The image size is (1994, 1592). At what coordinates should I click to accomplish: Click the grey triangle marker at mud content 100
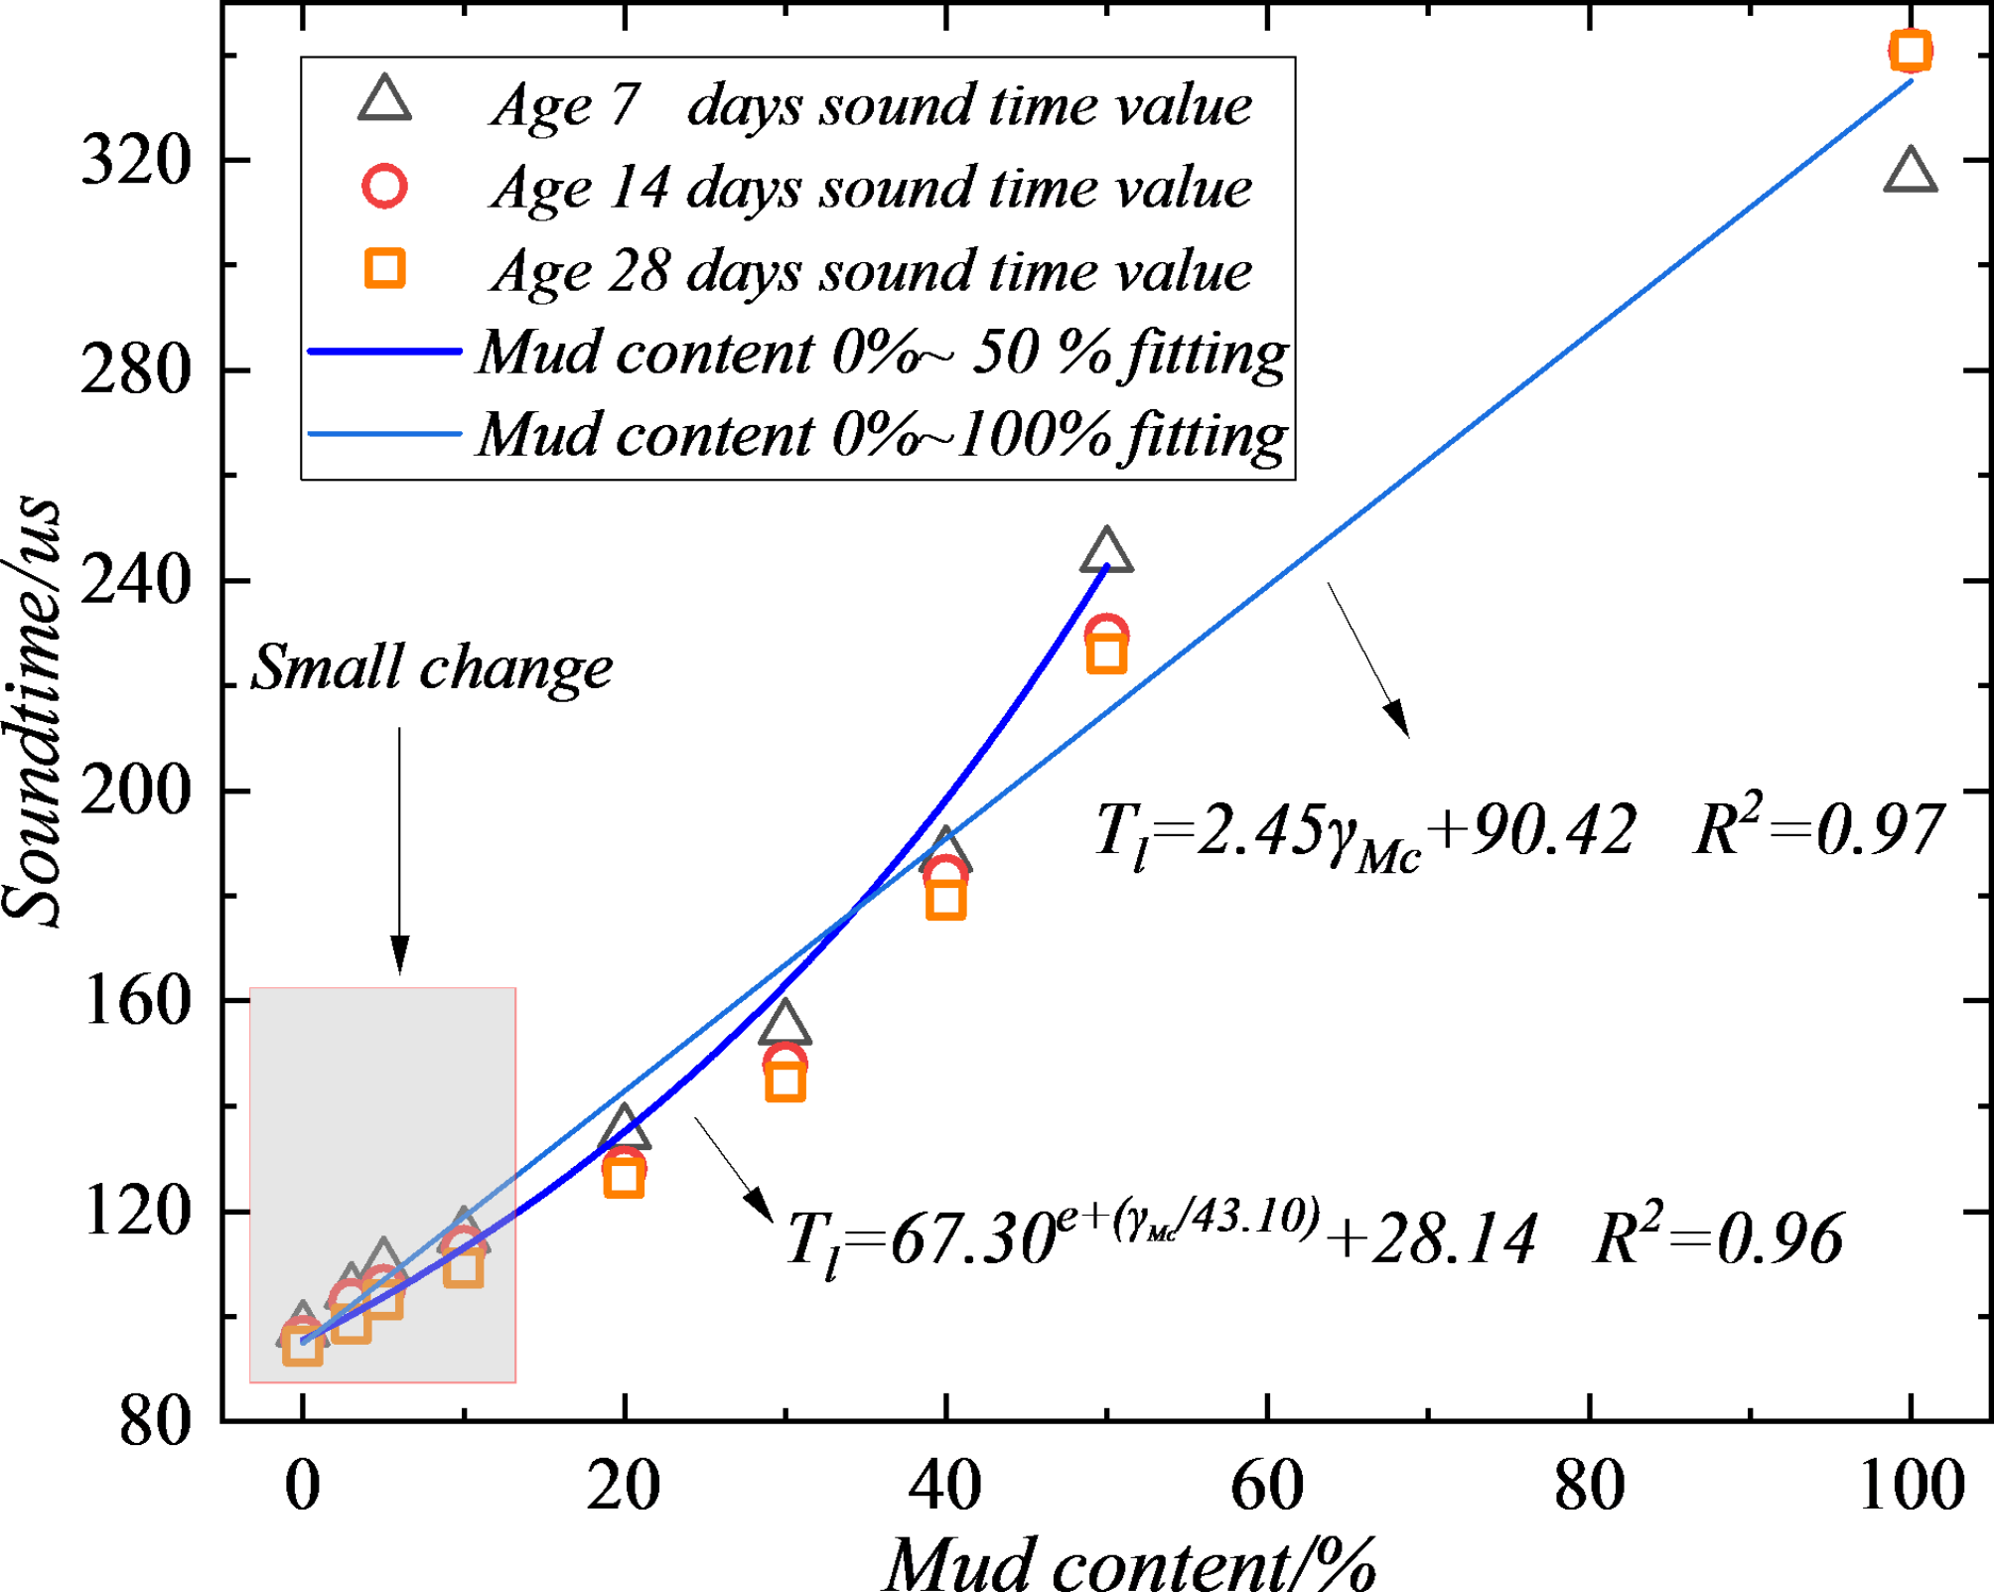click(1910, 172)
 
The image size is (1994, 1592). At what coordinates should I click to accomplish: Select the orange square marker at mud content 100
click(1911, 50)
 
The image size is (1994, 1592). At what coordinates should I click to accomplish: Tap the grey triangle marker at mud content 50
click(1106, 552)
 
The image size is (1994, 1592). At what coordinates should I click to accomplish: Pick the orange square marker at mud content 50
click(1106, 654)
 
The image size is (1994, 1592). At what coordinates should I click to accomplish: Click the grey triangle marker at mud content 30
click(784, 1024)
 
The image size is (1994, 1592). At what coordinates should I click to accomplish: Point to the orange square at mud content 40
click(945, 900)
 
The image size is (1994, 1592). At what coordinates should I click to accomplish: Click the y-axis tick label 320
click(135, 159)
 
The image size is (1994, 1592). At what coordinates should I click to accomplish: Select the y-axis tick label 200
click(135, 792)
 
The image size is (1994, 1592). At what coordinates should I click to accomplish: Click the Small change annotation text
click(431, 667)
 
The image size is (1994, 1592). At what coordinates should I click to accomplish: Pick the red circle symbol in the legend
click(384, 187)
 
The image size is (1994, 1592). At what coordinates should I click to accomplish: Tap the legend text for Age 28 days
click(871, 270)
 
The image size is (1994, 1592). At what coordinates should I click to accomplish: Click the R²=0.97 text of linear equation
click(1816, 830)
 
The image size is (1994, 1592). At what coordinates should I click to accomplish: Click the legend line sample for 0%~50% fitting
click(384, 352)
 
